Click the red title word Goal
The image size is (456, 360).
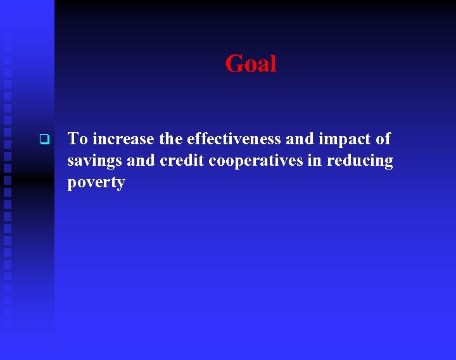[x=251, y=64]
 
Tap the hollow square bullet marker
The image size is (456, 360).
[x=44, y=139]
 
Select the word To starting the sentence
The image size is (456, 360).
[x=77, y=139]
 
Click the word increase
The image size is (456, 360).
[x=123, y=139]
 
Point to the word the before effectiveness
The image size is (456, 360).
[x=171, y=139]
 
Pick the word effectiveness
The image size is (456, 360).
[x=234, y=139]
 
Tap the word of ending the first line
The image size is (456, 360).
[x=383, y=139]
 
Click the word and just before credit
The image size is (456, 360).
[x=141, y=161]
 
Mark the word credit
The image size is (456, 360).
[x=182, y=161]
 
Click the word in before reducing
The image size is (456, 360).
[x=315, y=161]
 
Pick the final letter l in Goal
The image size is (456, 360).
[x=273, y=63]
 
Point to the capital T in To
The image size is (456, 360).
[x=73, y=139]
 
